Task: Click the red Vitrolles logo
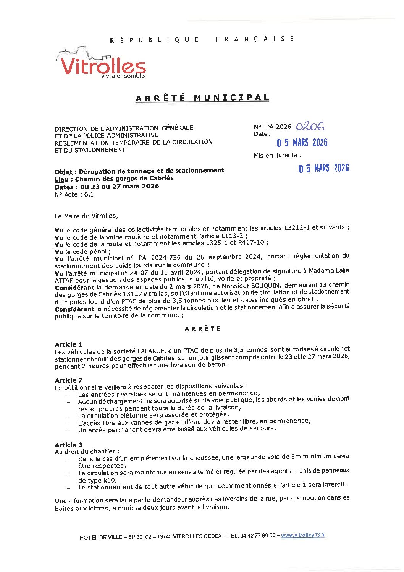[102, 65]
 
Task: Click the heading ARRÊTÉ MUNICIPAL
[202, 98]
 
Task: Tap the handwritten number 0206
[310, 126]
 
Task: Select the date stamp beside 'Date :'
[302, 143]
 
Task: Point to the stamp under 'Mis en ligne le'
[323, 168]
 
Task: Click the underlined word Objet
[63, 172]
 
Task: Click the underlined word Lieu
[61, 179]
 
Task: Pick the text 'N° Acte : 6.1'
[74, 195]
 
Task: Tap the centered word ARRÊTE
[202, 329]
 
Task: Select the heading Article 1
[68, 344]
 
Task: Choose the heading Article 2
[68, 380]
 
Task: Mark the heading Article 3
[68, 445]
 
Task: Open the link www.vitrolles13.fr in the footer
[303, 535]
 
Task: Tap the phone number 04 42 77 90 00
[257, 536]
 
